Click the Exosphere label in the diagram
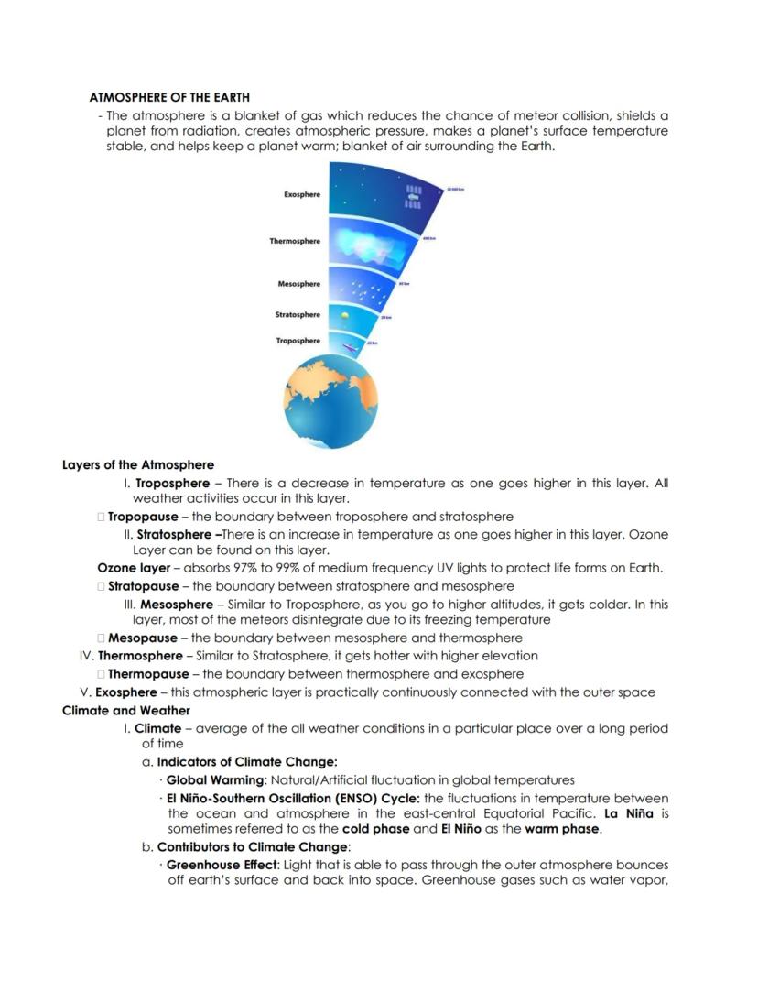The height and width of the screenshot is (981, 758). (302, 194)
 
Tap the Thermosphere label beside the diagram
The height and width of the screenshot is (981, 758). (295, 241)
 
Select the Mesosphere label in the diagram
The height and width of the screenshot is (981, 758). (299, 284)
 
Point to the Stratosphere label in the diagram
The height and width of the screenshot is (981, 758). (298, 314)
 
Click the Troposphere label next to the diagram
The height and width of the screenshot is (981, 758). (298, 341)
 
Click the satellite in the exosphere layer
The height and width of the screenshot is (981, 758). (413, 195)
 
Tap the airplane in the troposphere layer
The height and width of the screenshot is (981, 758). (348, 346)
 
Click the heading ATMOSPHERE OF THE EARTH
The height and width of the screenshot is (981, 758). (169, 97)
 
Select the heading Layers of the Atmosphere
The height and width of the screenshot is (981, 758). (137, 464)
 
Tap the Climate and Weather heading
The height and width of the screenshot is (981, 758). (126, 710)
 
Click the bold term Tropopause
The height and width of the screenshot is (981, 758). (143, 517)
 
